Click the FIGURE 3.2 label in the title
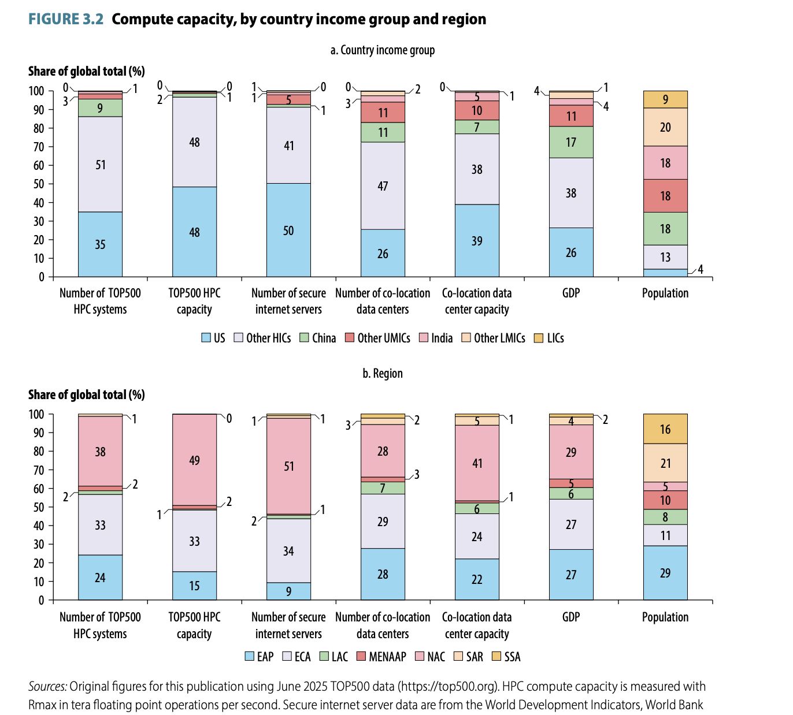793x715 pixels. tap(66, 20)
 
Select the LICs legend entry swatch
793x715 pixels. tap(538, 338)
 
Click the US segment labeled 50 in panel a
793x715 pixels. tap(288, 230)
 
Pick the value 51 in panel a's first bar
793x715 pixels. tap(101, 165)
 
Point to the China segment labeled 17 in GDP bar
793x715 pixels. tap(571, 142)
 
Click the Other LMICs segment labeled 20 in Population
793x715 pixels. tap(665, 127)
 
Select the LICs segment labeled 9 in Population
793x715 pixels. tap(665, 99)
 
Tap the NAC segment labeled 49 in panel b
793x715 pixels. tap(194, 460)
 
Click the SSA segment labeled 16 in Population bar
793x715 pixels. tap(665, 429)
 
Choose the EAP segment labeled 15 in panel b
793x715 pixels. tap(194, 586)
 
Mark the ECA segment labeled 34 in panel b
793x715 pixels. tap(288, 551)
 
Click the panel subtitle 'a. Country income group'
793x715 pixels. tap(383, 50)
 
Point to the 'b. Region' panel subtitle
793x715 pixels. tap(383, 374)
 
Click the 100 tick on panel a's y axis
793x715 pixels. tap(36, 91)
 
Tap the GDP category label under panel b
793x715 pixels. tap(571, 617)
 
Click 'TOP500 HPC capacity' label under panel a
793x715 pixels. tap(194, 301)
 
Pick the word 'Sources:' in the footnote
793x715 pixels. tap(48, 687)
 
